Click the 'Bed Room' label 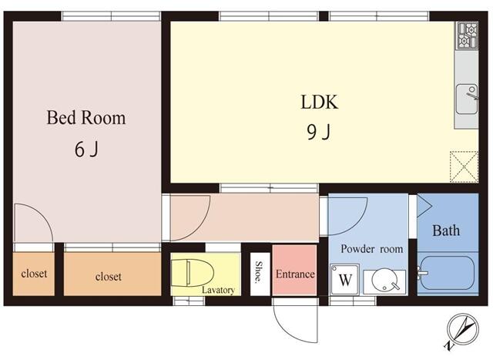coord(86,119)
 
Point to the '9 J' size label coord(319,133)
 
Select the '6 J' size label coord(86,150)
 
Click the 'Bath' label coord(445,230)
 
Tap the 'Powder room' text coord(372,249)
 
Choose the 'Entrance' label coord(295,274)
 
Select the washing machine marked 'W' coord(346,280)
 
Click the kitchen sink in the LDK coord(468,97)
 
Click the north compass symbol coord(464,330)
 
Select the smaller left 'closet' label coord(33,274)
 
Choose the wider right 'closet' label coord(108,276)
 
